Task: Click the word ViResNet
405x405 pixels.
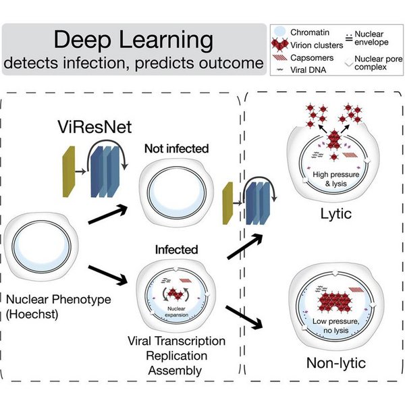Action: point(94,127)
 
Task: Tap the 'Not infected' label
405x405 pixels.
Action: point(177,148)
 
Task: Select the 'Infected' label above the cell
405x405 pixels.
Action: point(177,250)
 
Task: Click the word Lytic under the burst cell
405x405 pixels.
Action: point(336,214)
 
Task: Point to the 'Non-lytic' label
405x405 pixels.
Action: point(336,363)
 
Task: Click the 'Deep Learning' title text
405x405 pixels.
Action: point(134,40)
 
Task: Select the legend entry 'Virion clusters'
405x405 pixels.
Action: point(317,45)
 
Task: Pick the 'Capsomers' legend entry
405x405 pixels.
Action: point(312,58)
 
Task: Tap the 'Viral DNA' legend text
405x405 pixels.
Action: point(308,70)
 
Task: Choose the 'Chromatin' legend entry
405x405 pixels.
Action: point(310,32)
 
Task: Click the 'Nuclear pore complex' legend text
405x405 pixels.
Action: point(379,63)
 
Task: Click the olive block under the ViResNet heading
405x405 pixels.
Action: point(69,171)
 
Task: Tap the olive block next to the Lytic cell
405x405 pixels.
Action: point(228,203)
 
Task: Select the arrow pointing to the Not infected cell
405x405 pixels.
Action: point(108,214)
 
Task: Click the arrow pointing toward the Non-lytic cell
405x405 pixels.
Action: point(244,317)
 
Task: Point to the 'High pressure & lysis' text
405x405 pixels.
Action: point(336,179)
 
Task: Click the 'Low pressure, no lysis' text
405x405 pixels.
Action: point(336,326)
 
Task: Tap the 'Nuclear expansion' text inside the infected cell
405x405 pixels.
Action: point(176,312)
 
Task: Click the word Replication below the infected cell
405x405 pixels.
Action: point(177,356)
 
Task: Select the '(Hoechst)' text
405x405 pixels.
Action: point(32,315)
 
